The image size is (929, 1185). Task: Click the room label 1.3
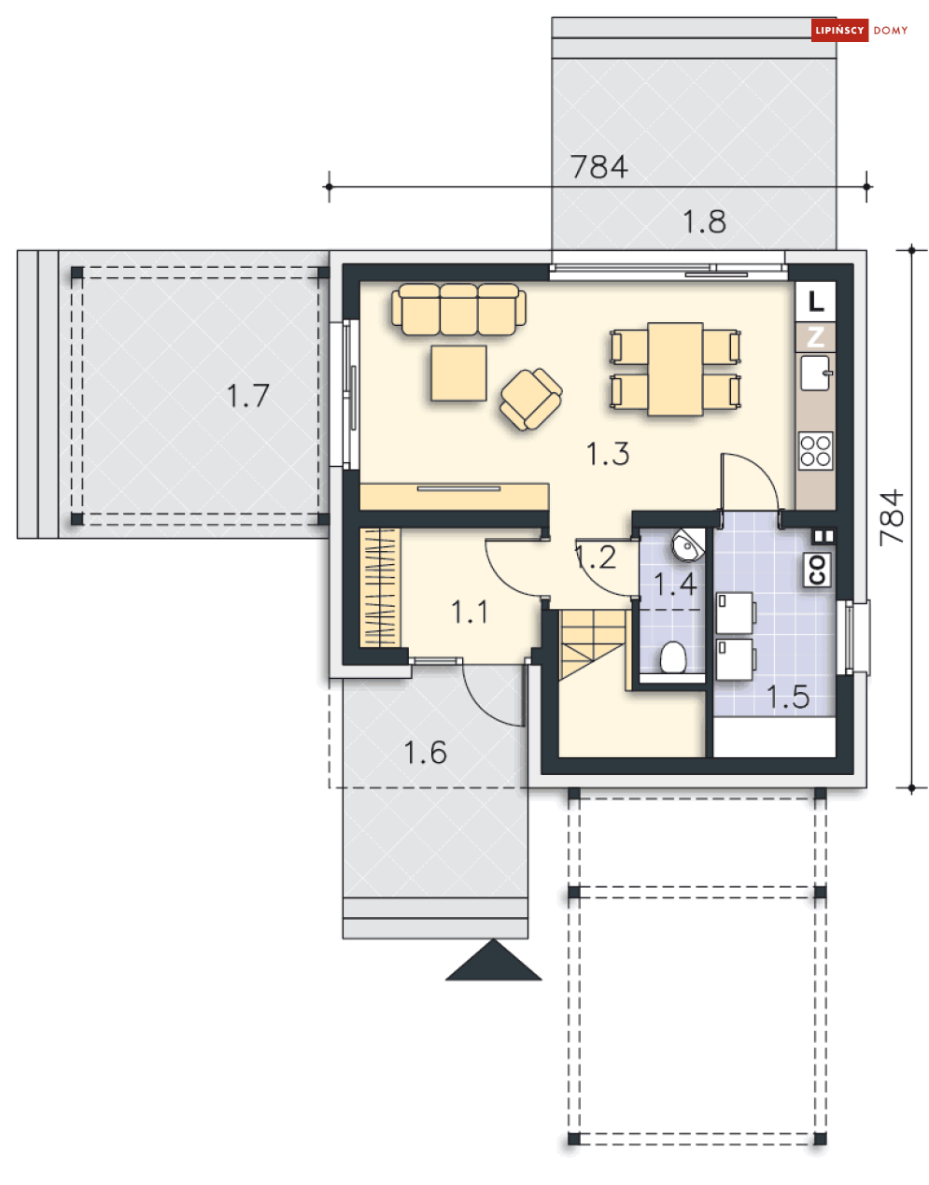[x=607, y=454]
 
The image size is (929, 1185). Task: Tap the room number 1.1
[x=470, y=612]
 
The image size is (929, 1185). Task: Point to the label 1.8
[x=704, y=222]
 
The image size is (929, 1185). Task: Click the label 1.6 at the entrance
[x=425, y=753]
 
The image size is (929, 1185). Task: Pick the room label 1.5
[x=788, y=697]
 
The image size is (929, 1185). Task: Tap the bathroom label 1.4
[x=675, y=584]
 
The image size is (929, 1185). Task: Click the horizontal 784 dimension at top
[x=599, y=167]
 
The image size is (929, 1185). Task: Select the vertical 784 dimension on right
[x=892, y=517]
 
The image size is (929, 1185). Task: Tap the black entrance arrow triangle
[x=493, y=959]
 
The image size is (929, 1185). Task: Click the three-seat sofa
[x=458, y=309]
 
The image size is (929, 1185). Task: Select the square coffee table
[x=458, y=373]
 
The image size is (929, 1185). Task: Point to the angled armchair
[x=531, y=399]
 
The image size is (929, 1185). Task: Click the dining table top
[x=675, y=369]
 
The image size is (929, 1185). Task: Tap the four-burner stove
[x=816, y=450]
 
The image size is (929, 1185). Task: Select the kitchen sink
[x=815, y=373]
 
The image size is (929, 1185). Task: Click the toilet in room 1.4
[x=673, y=657]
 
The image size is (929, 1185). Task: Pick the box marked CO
[x=817, y=570]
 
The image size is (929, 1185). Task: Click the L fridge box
[x=815, y=302]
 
